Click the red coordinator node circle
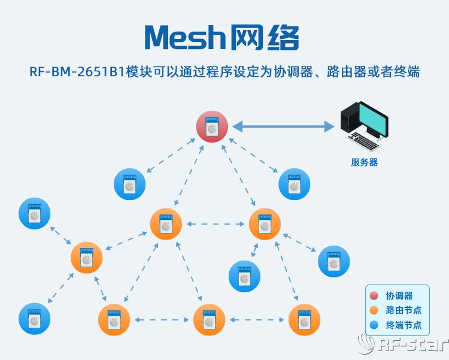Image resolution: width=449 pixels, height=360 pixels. point(212,126)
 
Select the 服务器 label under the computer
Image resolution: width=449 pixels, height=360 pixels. point(364,162)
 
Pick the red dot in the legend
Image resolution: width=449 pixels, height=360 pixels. point(374,296)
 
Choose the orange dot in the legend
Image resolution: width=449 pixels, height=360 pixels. point(374,311)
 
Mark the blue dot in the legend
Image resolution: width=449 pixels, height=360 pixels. point(374,326)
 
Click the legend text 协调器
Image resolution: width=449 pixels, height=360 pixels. point(399,296)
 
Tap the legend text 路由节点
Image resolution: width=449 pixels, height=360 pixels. point(404,311)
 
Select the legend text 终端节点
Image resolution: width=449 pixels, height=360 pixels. point(404,326)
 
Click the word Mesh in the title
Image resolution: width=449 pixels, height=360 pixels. point(183,38)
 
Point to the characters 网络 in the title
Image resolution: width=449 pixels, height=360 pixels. point(264,38)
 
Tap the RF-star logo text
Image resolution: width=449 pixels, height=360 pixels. point(413,345)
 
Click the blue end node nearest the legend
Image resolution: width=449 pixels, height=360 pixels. point(333,261)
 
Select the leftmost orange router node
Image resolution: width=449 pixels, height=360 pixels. point(86,258)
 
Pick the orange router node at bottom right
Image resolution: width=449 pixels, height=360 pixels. point(304,320)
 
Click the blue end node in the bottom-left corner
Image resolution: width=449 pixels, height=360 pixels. point(34,319)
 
